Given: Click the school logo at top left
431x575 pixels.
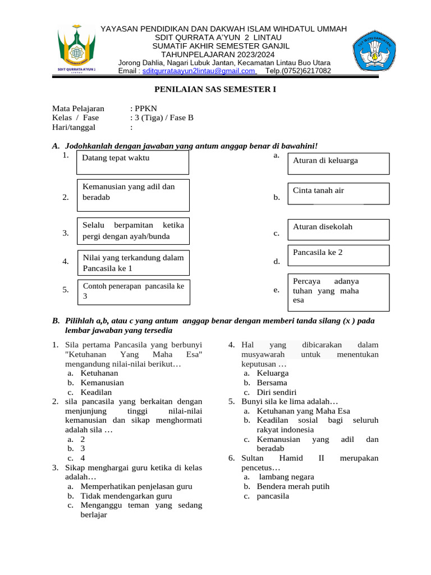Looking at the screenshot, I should click(77, 49).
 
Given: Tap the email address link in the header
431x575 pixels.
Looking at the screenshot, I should click(199, 71).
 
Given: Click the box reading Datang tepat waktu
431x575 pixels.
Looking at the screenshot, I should click(132, 162).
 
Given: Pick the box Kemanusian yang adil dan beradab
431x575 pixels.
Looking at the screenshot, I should click(132, 193).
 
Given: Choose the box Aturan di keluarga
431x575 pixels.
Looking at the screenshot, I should click(338, 164).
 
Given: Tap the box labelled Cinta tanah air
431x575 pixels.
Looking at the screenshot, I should click(338, 194).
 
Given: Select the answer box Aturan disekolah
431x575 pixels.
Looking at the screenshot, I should click(338, 230).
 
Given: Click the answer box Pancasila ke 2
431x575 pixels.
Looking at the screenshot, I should click(338, 255).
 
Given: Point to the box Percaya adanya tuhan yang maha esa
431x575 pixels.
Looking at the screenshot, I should click(338, 291).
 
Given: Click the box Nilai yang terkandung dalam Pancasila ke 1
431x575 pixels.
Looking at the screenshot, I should click(132, 263).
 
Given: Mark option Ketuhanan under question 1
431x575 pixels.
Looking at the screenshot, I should click(99, 373).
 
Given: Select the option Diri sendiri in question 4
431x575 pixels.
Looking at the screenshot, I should click(276, 393).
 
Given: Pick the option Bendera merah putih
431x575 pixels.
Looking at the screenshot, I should click(293, 486).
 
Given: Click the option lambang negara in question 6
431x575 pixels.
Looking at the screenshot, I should click(286, 477).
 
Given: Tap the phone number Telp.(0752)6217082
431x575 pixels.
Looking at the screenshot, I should click(298, 71).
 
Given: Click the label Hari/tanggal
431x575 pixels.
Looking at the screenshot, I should click(74, 127).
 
